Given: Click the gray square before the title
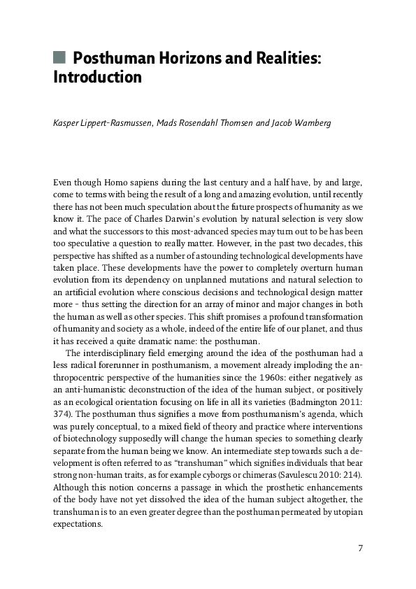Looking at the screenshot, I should point(59,57).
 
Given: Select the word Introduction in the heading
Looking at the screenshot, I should point(97,77).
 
